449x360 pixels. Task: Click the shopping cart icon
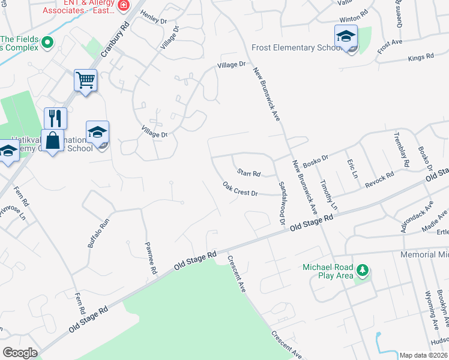85,80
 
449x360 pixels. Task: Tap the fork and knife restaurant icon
55,118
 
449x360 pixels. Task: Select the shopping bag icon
53,140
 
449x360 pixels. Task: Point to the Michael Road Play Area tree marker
362,271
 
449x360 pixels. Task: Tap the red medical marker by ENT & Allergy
124,5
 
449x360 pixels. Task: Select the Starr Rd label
248,173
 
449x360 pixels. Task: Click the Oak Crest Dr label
240,189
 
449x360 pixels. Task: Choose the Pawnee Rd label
150,258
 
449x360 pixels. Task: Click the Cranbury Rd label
115,40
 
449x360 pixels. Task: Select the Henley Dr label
153,17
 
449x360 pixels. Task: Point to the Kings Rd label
420,57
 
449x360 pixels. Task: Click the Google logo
20,353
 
